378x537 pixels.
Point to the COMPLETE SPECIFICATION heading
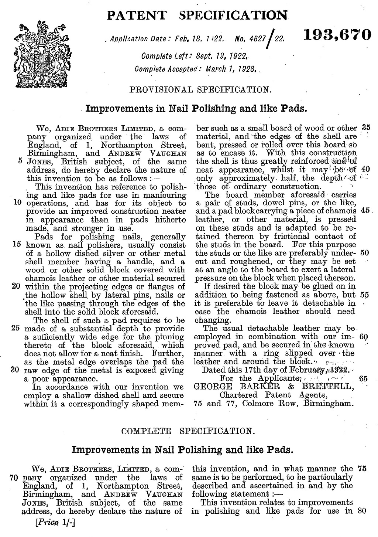point(188,431)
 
